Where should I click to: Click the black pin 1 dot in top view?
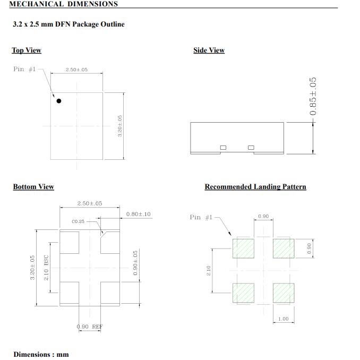59,101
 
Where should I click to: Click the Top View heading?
27,50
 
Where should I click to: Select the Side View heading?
209,50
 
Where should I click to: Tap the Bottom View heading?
33,187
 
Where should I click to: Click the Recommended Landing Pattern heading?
255,187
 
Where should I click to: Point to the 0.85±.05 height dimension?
313,96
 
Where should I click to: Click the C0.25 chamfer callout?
78,221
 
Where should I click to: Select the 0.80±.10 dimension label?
138,214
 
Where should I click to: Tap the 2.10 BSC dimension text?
46,268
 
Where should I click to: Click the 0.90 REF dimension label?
90,327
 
